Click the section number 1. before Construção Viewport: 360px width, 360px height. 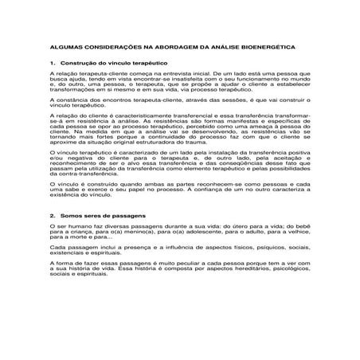point(52,62)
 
